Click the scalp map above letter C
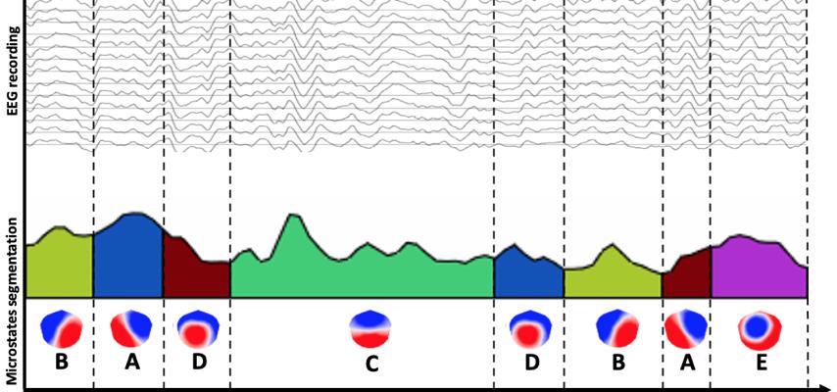click(370, 329)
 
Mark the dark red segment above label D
click(194, 274)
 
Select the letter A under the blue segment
click(129, 362)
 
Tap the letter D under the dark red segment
click(199, 362)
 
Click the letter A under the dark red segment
click(687, 362)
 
